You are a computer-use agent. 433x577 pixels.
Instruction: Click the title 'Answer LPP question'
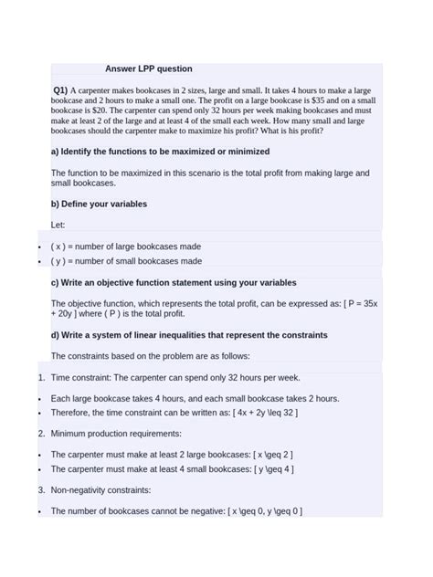pos(148,68)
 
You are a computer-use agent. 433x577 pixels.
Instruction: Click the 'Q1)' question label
pos(60,91)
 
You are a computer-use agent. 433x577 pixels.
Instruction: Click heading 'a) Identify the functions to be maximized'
pos(160,152)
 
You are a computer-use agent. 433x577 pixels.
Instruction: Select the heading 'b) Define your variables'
pos(99,204)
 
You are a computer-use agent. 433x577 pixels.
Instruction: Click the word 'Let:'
pos(58,225)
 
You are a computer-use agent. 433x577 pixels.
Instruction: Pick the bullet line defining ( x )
pos(126,247)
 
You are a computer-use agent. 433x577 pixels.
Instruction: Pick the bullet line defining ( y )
pos(126,261)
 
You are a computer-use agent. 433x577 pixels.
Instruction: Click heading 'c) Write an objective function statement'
pos(174,283)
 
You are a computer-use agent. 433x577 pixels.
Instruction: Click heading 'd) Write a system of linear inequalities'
pos(189,335)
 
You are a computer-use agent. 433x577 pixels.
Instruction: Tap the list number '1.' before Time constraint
pos(41,377)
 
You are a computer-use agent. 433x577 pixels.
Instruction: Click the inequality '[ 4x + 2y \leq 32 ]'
pos(265,413)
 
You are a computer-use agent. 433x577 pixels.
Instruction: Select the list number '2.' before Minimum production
pos(41,434)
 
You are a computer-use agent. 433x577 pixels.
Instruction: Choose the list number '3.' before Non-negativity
pos(41,490)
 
